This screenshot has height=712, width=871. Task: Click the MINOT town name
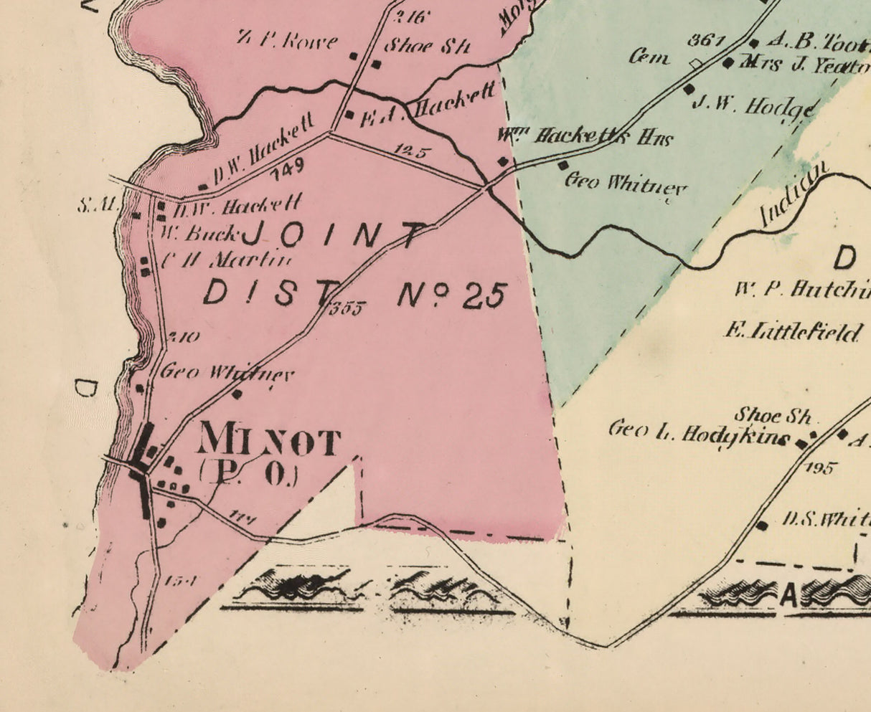(269, 440)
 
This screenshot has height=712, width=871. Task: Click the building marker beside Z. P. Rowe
(353, 55)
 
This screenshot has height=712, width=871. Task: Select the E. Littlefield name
(793, 331)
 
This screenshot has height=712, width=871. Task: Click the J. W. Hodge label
(754, 106)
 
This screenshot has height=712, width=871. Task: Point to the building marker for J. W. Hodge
(689, 90)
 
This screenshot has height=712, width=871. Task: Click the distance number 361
(706, 40)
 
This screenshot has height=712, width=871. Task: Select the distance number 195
(819, 468)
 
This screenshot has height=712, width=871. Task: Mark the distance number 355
(348, 309)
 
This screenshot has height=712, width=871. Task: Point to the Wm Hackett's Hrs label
(584, 136)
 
